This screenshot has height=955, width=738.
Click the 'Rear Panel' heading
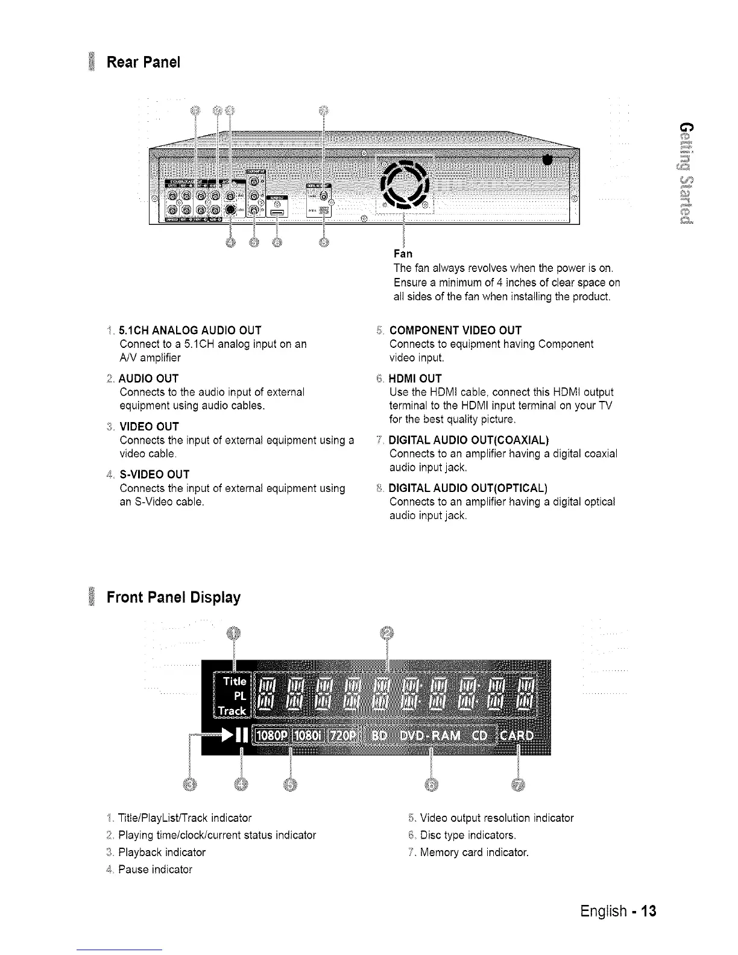coord(143,63)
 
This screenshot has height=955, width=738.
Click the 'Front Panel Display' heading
coord(173,597)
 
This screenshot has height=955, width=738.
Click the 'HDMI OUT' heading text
coord(415,379)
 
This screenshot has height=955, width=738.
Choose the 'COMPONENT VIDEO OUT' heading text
coord(455,330)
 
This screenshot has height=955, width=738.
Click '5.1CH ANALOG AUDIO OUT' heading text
coord(191,330)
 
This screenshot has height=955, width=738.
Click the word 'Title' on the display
coord(234,681)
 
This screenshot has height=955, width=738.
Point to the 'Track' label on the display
coord(232,711)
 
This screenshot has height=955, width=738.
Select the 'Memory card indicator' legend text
coord(474,853)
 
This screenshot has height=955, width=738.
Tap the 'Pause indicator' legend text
coord(155,869)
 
